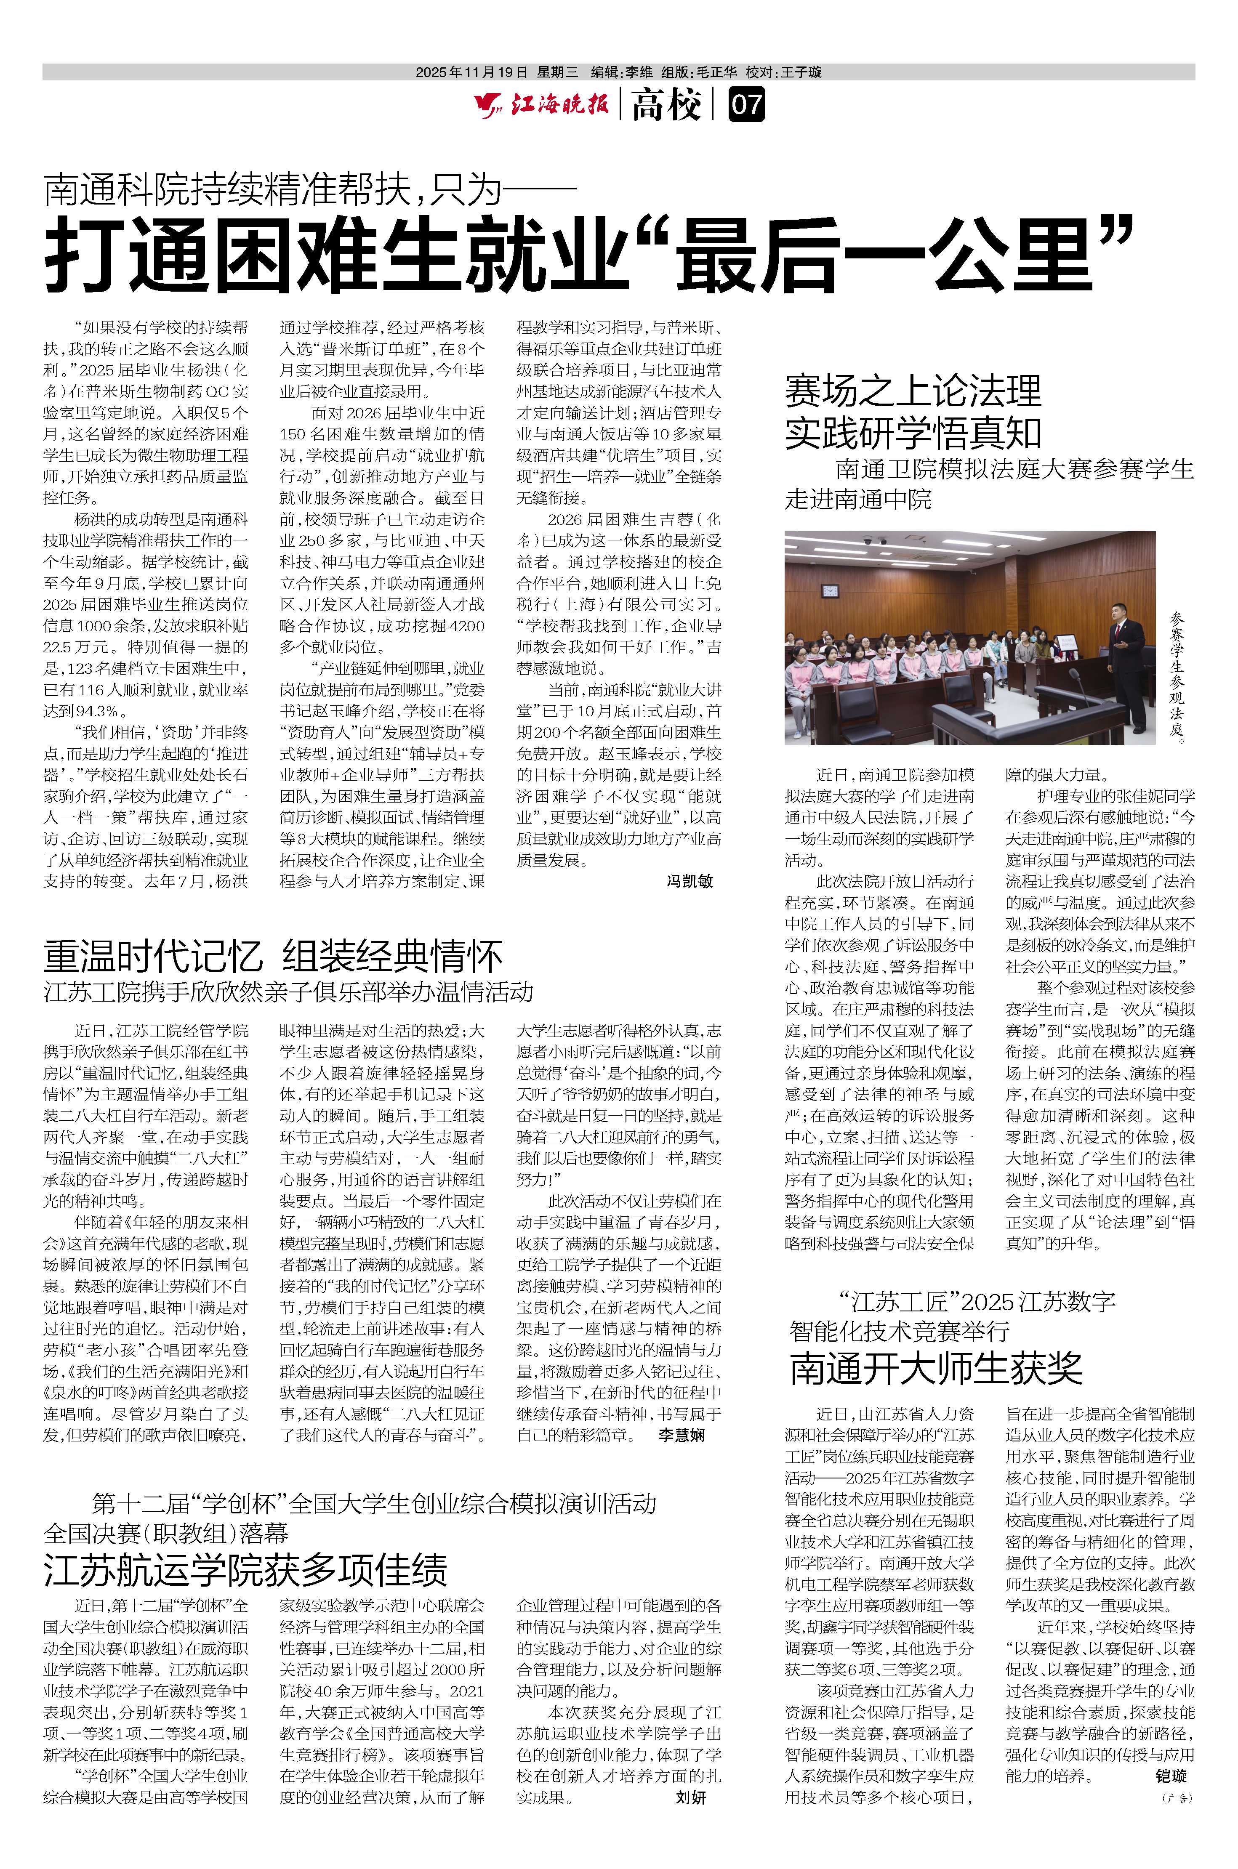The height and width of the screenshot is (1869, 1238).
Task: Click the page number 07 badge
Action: point(746,105)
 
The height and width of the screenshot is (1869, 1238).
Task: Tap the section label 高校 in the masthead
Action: point(666,105)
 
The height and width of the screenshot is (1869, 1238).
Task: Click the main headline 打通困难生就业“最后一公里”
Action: point(588,253)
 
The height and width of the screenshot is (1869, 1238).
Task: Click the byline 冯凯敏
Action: point(689,881)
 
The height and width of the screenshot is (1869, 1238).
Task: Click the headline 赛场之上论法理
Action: point(913,391)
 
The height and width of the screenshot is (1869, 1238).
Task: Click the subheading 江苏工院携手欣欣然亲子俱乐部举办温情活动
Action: point(288,992)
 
